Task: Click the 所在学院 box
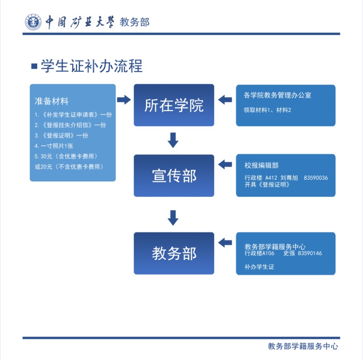click(x=174, y=105)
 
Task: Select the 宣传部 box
click(x=174, y=175)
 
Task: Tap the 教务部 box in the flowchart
click(x=174, y=253)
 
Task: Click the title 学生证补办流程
click(x=92, y=66)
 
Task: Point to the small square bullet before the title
click(x=34, y=66)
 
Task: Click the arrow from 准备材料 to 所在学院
click(x=124, y=99)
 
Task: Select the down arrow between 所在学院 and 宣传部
click(x=173, y=140)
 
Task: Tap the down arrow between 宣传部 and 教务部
click(x=173, y=218)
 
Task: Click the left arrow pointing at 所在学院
click(x=225, y=99)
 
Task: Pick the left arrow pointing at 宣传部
click(x=225, y=165)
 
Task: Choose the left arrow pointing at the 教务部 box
click(x=225, y=242)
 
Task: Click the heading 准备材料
click(x=52, y=101)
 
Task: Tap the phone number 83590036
click(x=316, y=178)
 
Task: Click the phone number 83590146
click(x=310, y=253)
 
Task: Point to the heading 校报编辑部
click(x=262, y=165)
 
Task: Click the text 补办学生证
click(x=259, y=267)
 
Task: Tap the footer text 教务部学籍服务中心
click(x=303, y=346)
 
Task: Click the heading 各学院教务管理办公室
click(x=278, y=95)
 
